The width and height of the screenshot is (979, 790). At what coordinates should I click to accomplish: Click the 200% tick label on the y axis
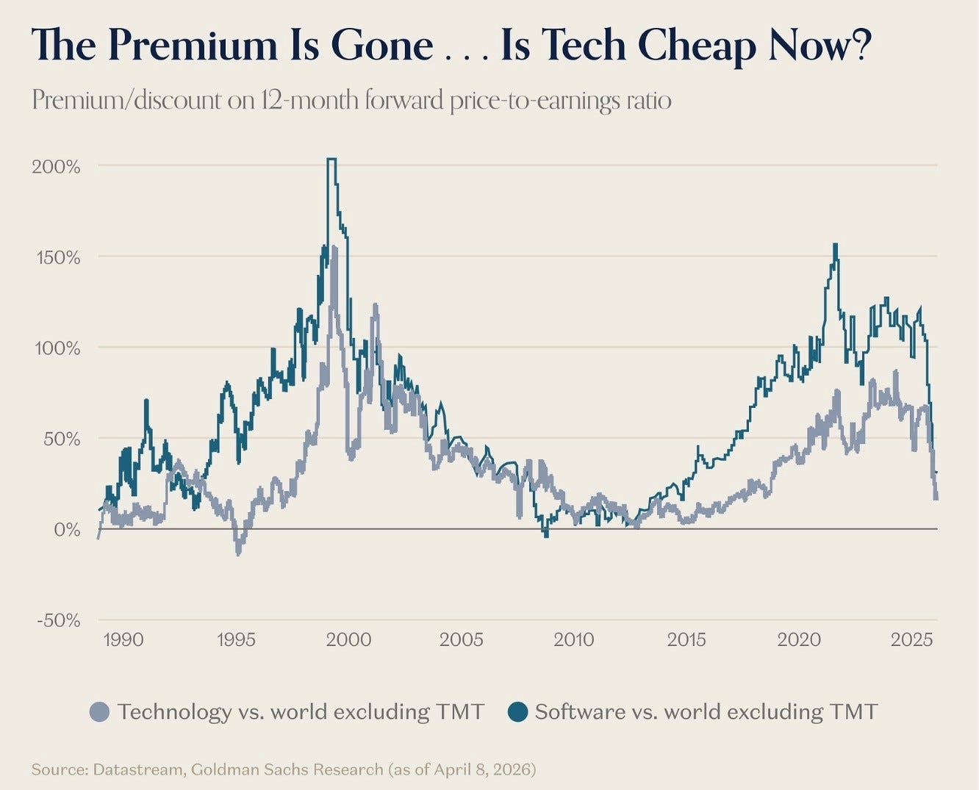[56, 166]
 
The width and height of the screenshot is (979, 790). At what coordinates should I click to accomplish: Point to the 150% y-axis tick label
[56, 257]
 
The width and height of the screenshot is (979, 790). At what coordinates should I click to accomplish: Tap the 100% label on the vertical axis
[56, 348]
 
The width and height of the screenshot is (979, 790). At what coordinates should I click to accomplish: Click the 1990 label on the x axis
[123, 639]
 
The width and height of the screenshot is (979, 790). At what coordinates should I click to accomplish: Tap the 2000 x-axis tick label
[349, 639]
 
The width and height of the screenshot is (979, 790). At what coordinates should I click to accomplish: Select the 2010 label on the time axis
[574, 639]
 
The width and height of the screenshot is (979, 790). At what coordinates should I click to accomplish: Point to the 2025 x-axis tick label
[911, 639]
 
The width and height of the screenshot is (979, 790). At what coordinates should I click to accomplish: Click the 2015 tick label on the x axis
[686, 639]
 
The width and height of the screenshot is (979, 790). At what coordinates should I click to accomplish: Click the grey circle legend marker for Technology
[99, 712]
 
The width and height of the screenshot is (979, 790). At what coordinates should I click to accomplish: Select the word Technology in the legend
[174, 712]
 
